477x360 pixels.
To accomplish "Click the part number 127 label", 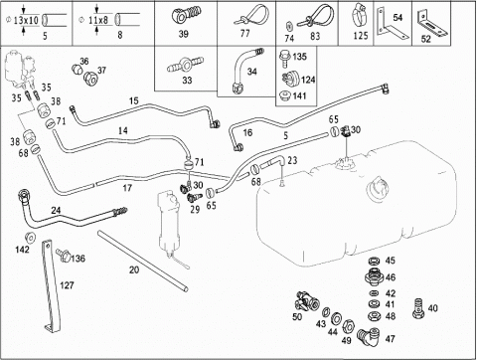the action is (x=67, y=285).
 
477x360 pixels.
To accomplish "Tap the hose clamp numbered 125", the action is (x=360, y=16).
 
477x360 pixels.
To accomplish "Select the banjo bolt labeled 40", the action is (x=419, y=308).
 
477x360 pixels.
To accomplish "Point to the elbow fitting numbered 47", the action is (x=369, y=337).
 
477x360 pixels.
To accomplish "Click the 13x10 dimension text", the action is (x=26, y=21).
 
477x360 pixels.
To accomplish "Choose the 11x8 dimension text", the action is (x=98, y=20).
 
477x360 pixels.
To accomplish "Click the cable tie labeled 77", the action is (x=250, y=15).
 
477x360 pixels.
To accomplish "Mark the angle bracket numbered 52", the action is (x=432, y=25).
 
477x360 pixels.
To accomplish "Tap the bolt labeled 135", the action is (x=285, y=59).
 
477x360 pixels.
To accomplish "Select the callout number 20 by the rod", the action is (x=134, y=270).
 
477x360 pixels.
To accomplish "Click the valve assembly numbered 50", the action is (x=306, y=301).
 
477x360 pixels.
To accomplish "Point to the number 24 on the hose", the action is (x=56, y=211).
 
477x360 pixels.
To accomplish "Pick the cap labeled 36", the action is (x=77, y=70).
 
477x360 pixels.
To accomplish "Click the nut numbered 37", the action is (x=90, y=79).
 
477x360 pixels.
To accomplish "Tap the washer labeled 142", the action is (x=30, y=238).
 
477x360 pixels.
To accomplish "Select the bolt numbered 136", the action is (x=63, y=255).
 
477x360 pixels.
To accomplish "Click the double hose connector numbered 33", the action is (x=186, y=65).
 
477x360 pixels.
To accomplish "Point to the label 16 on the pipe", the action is (x=247, y=133).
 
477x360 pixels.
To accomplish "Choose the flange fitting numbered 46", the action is (x=374, y=276).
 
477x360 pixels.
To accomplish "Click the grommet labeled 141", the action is (x=285, y=96).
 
